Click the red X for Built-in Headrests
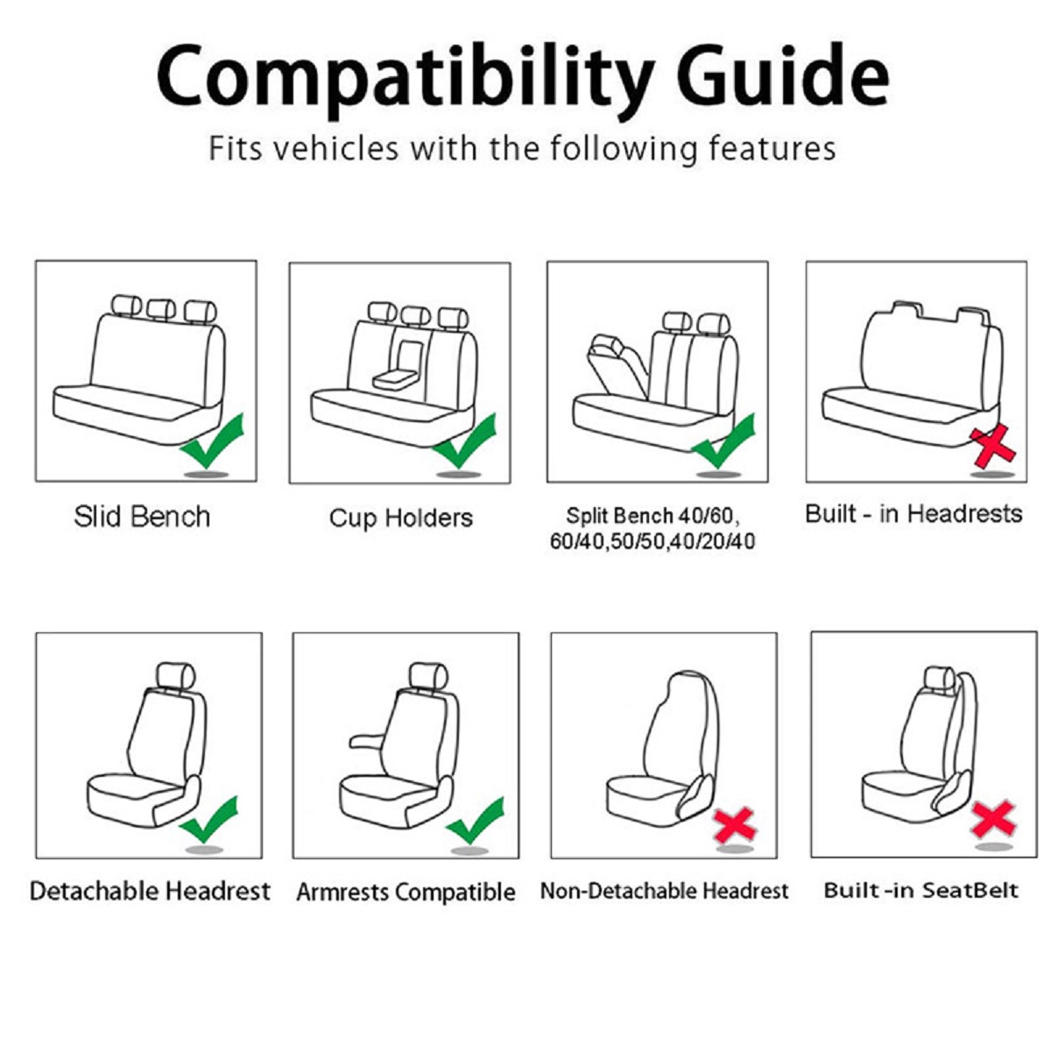pos(992,447)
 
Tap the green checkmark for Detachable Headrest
pos(209,819)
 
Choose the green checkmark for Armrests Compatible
pos(476,820)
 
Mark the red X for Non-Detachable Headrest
pos(734,825)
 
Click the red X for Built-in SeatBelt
pos(993,819)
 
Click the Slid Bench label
pos(142,517)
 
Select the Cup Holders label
pos(400,518)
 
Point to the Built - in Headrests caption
pos(913,513)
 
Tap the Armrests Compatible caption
pos(406,892)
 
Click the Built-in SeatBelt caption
pos(921,891)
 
